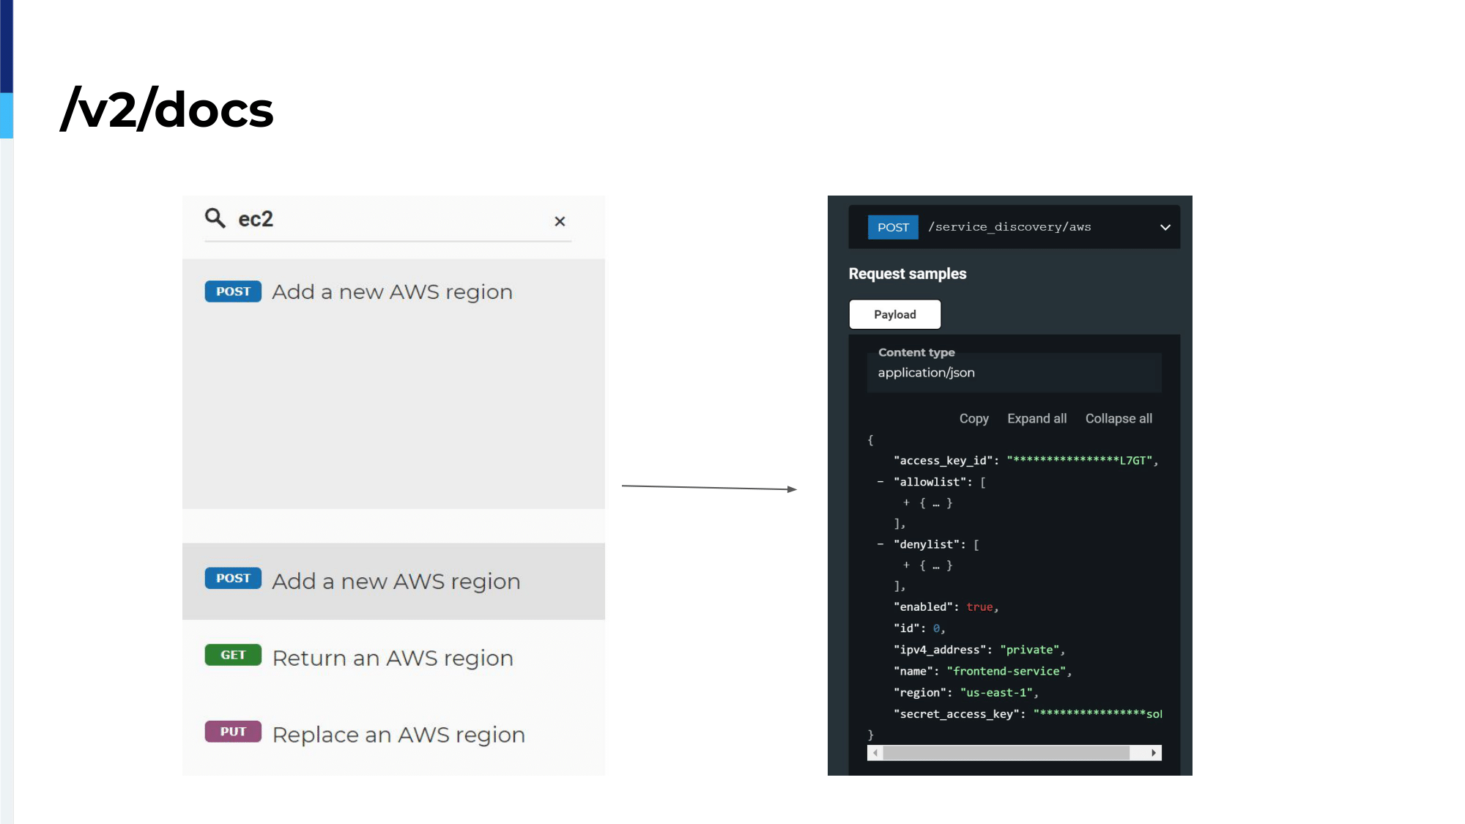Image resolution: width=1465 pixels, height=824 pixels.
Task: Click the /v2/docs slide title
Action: [167, 109]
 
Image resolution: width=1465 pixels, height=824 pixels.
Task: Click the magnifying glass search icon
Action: [215, 218]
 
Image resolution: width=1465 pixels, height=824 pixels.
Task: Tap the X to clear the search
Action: [560, 221]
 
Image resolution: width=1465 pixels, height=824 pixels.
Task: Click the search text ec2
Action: [256, 219]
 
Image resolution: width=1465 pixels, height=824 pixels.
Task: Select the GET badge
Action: [233, 655]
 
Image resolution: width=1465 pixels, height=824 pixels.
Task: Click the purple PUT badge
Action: [233, 732]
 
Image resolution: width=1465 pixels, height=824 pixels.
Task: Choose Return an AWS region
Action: [393, 658]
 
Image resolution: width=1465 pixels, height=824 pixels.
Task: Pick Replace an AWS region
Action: [398, 735]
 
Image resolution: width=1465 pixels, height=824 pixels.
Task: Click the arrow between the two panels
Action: [709, 487]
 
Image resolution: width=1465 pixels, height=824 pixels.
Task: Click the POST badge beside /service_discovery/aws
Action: [893, 227]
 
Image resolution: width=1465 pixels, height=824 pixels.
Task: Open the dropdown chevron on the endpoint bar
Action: [1165, 227]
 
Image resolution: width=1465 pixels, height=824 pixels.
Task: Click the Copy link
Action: [974, 418]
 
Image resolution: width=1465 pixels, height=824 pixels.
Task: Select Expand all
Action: [1036, 418]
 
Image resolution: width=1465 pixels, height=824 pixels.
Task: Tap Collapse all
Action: [1119, 418]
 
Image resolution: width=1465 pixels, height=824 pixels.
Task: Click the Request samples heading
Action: [908, 273]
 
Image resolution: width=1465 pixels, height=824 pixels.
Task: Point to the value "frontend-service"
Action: [1006, 671]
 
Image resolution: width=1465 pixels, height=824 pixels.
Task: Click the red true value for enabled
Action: [979, 607]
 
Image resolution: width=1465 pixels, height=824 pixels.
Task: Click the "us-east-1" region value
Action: [996, 692]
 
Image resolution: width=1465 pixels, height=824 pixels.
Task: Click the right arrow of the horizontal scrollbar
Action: [1154, 753]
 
